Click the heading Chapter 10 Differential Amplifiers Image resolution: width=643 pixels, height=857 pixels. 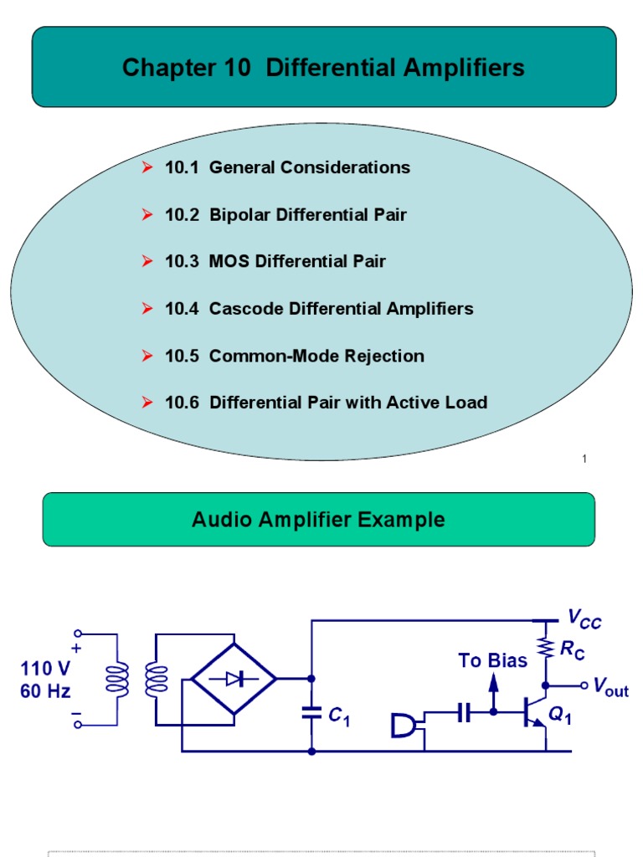pyautogui.click(x=323, y=68)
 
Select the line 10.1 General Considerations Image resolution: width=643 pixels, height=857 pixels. pyautogui.click(x=287, y=167)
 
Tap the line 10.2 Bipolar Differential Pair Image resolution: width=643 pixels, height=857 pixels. pyautogui.click(x=285, y=215)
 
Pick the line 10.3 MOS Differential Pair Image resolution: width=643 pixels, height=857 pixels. pyautogui.click(x=275, y=262)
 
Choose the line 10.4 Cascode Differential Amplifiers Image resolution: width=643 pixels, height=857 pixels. pyautogui.click(x=319, y=309)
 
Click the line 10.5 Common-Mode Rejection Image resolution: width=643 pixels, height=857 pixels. pyautogui.click(x=295, y=357)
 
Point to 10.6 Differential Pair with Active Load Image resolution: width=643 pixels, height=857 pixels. pyautogui.click(x=327, y=403)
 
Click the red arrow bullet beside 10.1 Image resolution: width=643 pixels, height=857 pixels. pyautogui.click(x=147, y=167)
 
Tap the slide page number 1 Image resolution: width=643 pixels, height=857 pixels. pyautogui.click(x=584, y=458)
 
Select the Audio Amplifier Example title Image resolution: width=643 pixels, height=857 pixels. pyautogui.click(x=318, y=520)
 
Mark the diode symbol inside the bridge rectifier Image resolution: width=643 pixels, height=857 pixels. pyautogui.click(x=234, y=680)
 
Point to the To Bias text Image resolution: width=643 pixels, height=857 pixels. pyautogui.click(x=492, y=661)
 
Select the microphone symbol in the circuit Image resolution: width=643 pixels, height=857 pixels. pyautogui.click(x=404, y=725)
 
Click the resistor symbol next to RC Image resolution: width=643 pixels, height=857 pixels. pyautogui.click(x=546, y=647)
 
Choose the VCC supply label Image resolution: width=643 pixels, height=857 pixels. pyautogui.click(x=584, y=620)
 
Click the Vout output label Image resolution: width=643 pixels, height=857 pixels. pyautogui.click(x=611, y=689)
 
